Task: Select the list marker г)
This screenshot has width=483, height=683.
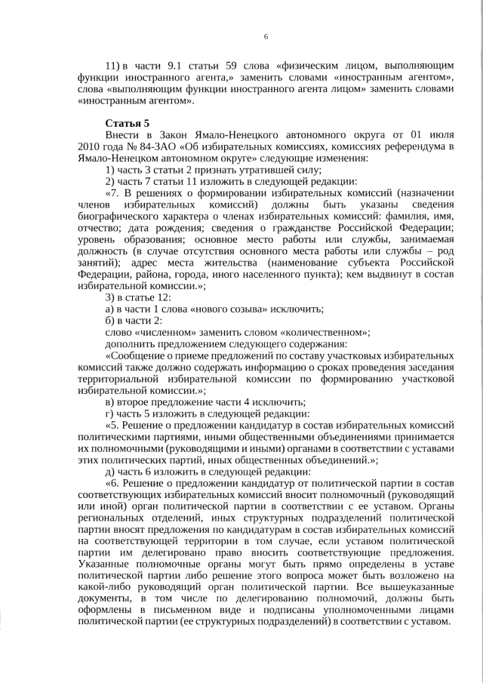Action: (109, 414)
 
